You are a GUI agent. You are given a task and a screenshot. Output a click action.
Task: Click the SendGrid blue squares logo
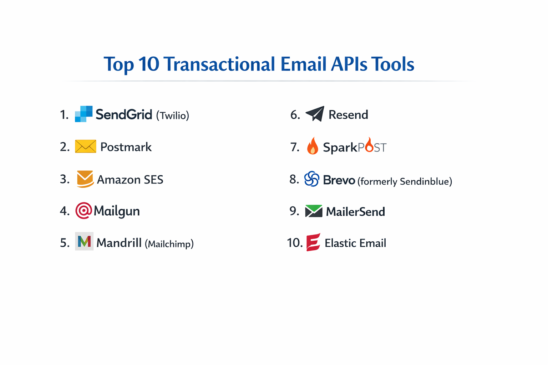click(83, 114)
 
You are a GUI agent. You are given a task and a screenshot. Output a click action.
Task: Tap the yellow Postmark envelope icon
click(86, 146)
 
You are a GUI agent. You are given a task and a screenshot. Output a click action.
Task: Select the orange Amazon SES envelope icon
click(85, 179)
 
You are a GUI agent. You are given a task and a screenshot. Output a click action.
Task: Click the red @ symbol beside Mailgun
click(83, 211)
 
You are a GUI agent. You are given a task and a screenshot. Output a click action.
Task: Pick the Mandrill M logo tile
click(84, 241)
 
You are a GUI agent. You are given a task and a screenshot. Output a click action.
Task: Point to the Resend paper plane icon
click(315, 114)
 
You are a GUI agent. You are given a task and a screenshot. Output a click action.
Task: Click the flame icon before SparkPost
click(313, 146)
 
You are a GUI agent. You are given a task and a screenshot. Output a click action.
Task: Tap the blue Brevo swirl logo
click(311, 179)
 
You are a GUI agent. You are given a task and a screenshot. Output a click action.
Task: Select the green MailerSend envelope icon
click(314, 211)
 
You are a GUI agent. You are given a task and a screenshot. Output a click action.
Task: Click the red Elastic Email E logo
click(313, 243)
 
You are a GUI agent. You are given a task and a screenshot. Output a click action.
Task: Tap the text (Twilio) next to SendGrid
click(173, 115)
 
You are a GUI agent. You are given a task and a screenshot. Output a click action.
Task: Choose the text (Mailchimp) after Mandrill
click(169, 244)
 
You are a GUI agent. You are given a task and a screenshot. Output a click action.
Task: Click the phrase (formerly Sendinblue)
click(405, 181)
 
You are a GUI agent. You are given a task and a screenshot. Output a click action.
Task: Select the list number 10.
click(295, 243)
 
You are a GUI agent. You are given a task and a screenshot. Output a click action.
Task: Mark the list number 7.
click(295, 147)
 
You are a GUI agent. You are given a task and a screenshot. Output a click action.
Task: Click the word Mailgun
click(117, 211)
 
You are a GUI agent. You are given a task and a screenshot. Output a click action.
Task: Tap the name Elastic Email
click(355, 243)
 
